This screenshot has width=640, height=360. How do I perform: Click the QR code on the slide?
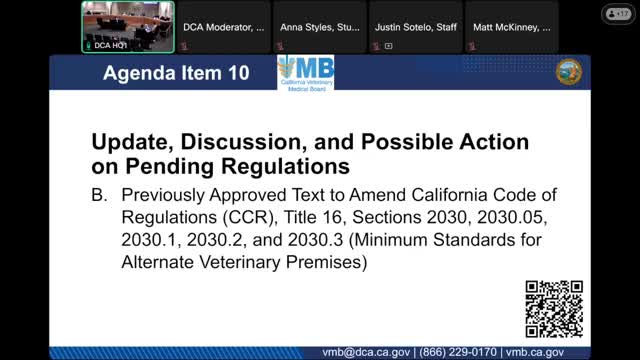click(554, 309)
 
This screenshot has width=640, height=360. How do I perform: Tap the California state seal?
click(568, 72)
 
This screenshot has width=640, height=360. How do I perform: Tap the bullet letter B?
click(98, 194)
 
